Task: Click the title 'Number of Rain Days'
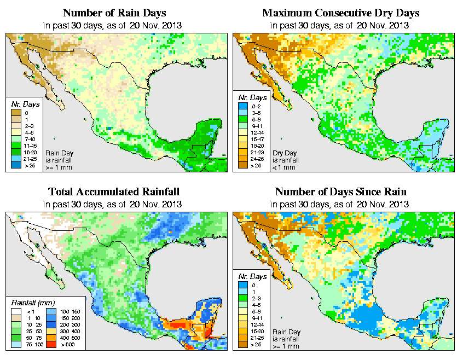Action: tap(114, 13)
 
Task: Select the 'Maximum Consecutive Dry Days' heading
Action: tap(341, 13)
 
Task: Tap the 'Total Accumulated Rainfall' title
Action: tap(114, 192)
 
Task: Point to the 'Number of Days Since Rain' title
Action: tap(341, 192)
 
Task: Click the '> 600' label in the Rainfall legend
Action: tap(66, 345)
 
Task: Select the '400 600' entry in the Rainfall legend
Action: tap(69, 338)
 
